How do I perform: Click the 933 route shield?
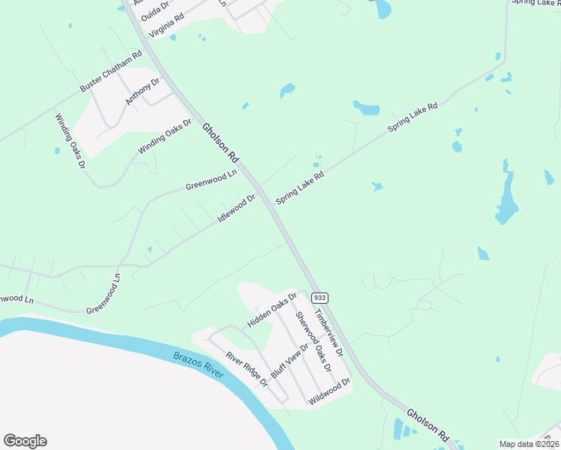tap(319, 298)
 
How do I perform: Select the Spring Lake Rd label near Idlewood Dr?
tap(299, 188)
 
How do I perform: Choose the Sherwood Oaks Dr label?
tap(313, 341)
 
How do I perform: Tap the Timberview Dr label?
tap(328, 332)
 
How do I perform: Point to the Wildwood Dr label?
tap(330, 391)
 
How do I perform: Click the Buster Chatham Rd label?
tap(111, 73)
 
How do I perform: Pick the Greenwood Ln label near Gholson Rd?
tap(211, 180)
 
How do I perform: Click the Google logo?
tap(25, 441)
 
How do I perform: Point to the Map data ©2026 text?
tap(529, 444)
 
